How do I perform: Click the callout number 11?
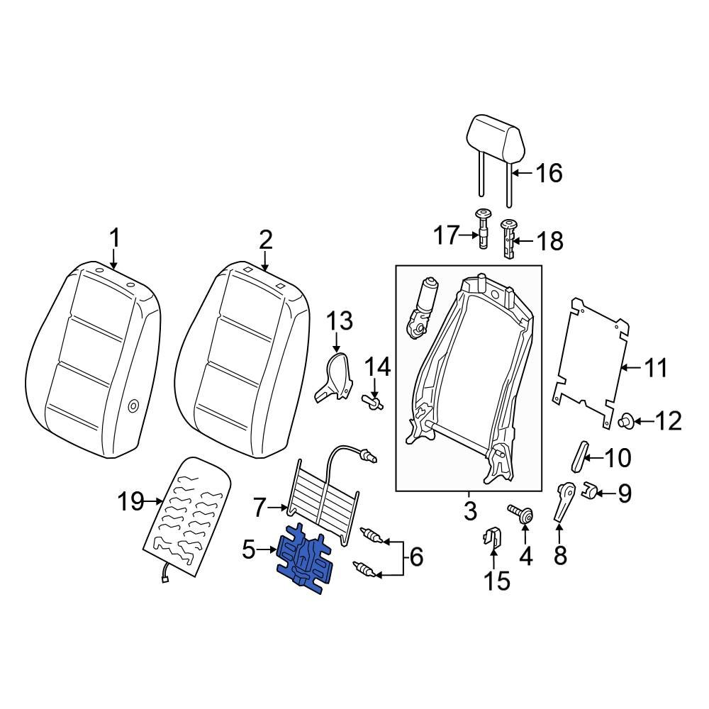[655, 368]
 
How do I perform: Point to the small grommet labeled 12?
[626, 421]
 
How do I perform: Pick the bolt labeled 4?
[525, 515]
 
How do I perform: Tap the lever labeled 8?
[564, 503]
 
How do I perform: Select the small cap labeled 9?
[590, 491]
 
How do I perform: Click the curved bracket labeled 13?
[333, 374]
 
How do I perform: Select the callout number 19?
[130, 503]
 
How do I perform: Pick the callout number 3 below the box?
[469, 510]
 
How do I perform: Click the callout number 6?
[416, 557]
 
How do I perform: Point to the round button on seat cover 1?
[133, 406]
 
